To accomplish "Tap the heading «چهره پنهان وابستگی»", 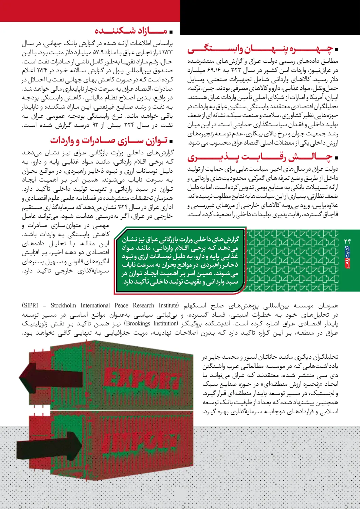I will click(260, 50).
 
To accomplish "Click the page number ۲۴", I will click(347, 241).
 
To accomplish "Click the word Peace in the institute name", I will click(121, 305).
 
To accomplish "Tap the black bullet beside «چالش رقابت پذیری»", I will click(336, 158).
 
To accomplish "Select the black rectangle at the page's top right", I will click(270, 17).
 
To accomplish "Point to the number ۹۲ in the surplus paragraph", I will click(95, 126).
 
